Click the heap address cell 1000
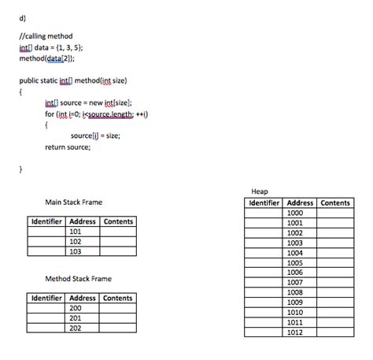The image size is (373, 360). point(295,213)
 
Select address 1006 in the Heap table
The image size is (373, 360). point(295,272)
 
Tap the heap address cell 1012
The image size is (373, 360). point(295,332)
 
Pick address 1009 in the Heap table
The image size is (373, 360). point(295,302)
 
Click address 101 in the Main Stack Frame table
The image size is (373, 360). point(76,232)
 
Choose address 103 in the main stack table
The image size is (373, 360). point(76,251)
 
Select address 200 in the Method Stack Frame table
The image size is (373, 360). point(76,308)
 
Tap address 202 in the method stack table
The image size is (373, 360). point(76,328)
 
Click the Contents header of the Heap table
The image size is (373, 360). point(334,202)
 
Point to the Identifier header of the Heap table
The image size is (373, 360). point(264,202)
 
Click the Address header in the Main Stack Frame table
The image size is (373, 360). point(83,221)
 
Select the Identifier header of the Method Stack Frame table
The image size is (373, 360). point(46,298)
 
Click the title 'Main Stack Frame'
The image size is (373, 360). point(74,202)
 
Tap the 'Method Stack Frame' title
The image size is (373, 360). point(79,278)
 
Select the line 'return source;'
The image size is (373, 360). point(66,147)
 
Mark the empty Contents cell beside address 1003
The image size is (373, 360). point(334,243)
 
